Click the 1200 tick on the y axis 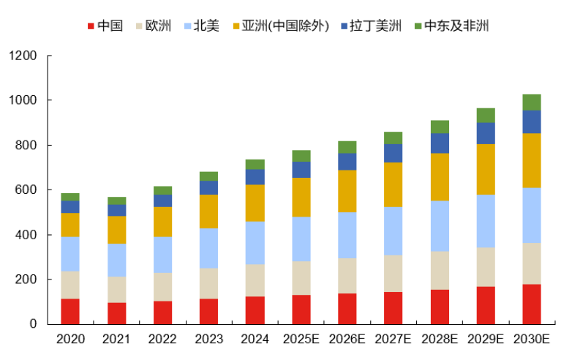click(x=22, y=56)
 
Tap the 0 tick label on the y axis click(x=34, y=324)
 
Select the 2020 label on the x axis click(x=70, y=340)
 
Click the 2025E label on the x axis click(x=301, y=340)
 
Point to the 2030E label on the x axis click(x=532, y=340)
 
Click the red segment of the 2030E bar click(x=532, y=304)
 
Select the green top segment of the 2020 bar click(x=70, y=197)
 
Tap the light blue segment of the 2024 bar click(x=255, y=243)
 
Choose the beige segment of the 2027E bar click(x=394, y=274)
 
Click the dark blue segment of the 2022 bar click(x=162, y=200)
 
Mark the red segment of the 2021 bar click(x=116, y=313)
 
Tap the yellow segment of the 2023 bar click(x=208, y=211)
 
